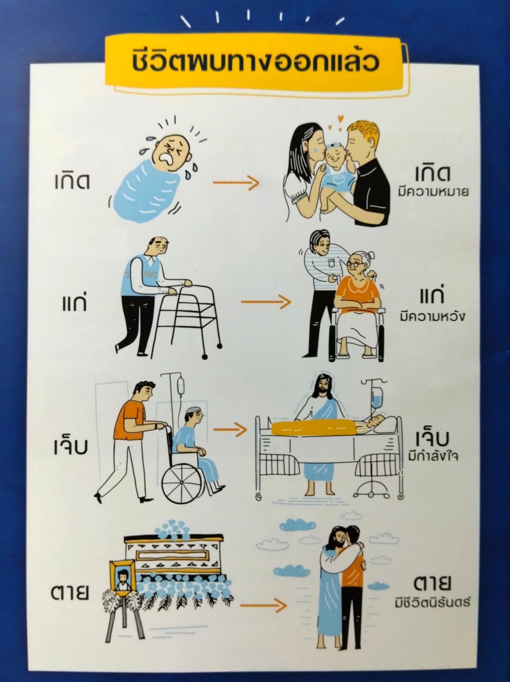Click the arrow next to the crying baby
(236, 183)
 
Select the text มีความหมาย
(434, 192)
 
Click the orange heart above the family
(341, 119)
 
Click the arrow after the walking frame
(266, 302)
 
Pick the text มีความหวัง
(433, 317)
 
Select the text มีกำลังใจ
(433, 456)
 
